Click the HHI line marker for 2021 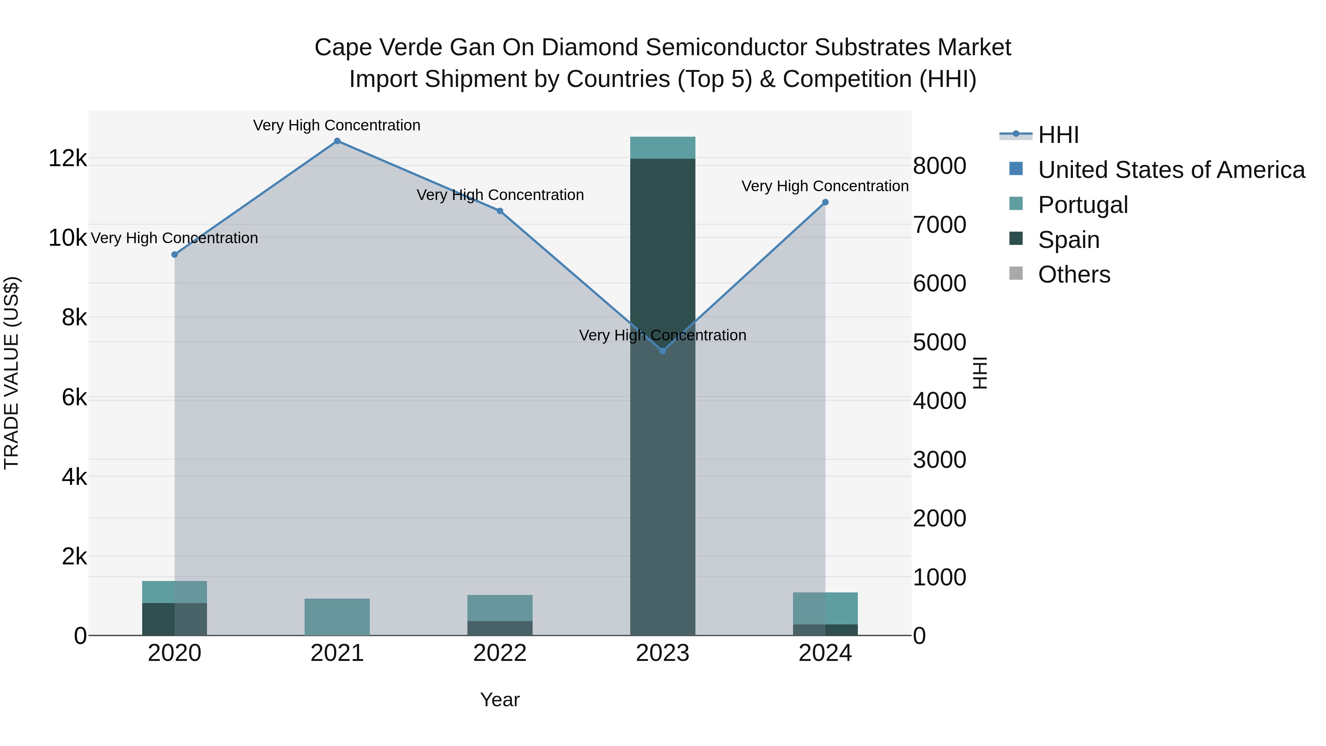click(x=337, y=141)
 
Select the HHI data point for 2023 click(x=663, y=351)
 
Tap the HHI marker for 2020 click(x=175, y=254)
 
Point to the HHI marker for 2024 click(x=825, y=202)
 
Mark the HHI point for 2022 click(x=500, y=211)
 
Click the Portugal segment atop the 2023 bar click(x=663, y=148)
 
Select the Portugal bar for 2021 click(x=337, y=617)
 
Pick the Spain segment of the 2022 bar click(x=500, y=628)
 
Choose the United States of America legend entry click(x=1171, y=170)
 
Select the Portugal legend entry click(x=1083, y=205)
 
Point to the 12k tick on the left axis click(x=67, y=158)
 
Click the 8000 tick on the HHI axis click(x=939, y=166)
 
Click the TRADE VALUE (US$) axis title click(x=12, y=373)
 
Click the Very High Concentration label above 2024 click(x=825, y=186)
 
